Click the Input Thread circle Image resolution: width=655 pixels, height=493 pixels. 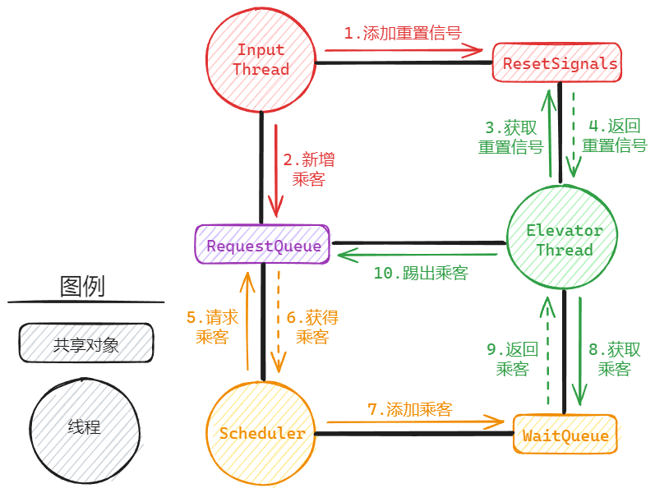pos(261,60)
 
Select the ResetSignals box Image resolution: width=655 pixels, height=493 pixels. pos(556,63)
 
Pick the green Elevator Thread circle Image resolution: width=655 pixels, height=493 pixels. pos(564,240)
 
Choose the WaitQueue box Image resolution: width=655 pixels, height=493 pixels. pos(565,435)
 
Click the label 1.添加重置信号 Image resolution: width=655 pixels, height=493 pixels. pos(402,34)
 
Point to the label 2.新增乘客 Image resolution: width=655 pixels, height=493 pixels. pos(308,169)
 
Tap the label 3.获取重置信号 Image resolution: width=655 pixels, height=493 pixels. pos(510,137)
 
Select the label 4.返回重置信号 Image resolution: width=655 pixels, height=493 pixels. pos(614,136)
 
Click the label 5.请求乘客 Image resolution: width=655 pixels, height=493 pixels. pos(212,327)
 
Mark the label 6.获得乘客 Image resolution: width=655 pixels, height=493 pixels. pos(312,327)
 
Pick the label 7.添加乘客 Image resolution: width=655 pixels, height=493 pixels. pos(409,408)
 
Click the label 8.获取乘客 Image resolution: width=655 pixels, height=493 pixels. pos(614,359)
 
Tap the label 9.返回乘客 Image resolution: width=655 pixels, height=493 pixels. pos(512,359)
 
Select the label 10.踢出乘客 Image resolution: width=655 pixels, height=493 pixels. pos(421,274)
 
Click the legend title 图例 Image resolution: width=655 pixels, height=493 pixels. pos(82,287)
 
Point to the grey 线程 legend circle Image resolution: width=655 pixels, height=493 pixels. pos(85,427)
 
